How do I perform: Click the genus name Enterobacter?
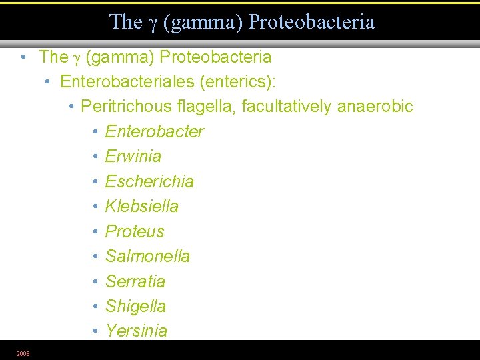pyautogui.click(x=154, y=131)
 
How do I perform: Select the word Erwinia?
pyautogui.click(x=133, y=156)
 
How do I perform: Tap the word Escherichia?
pyautogui.click(x=149, y=181)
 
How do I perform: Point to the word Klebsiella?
pyautogui.click(x=141, y=206)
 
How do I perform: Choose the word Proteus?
pyautogui.click(x=134, y=231)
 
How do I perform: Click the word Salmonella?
pyautogui.click(x=147, y=256)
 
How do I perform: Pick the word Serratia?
pyautogui.click(x=135, y=281)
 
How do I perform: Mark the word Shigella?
pyautogui.click(x=135, y=306)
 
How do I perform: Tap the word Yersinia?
pyautogui.click(x=136, y=331)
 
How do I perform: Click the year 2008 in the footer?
pyautogui.click(x=23, y=353)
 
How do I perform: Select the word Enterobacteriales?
pyautogui.click(x=125, y=81)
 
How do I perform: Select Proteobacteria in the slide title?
pyautogui.click(x=311, y=22)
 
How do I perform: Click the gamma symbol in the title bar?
pyautogui.click(x=153, y=23)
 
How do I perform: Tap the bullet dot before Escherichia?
pyautogui.click(x=97, y=181)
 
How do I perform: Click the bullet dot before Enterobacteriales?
pyautogui.click(x=49, y=81)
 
